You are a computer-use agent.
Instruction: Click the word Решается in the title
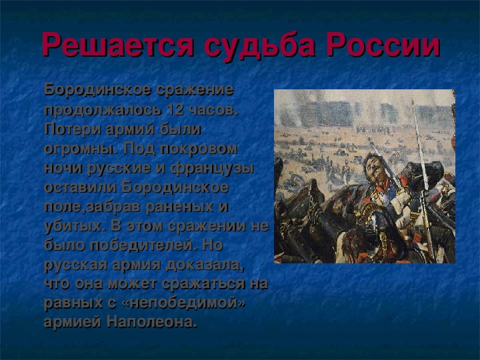click(118, 45)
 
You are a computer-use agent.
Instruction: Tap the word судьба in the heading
click(259, 46)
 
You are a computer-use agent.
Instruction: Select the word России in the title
click(383, 45)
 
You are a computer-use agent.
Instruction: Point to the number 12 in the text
click(175, 109)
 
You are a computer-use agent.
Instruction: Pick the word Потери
click(73, 129)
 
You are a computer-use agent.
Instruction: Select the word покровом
click(199, 149)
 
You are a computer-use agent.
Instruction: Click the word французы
click(213, 169)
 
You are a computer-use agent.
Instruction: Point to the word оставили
click(80, 187)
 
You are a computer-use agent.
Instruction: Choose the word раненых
click(179, 207)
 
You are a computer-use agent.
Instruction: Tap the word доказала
click(205, 265)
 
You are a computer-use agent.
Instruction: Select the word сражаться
click(203, 283)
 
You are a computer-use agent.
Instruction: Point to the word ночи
click(63, 168)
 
